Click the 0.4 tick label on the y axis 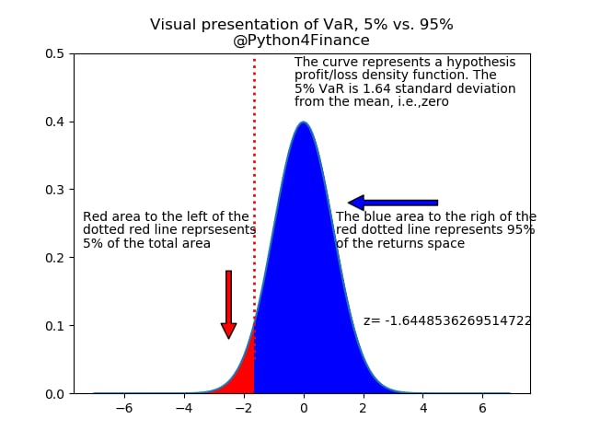(55, 122)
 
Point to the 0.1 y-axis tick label (55, 326)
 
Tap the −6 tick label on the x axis (124, 408)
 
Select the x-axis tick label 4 (423, 408)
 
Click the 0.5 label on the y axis (55, 53)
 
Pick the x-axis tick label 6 (482, 408)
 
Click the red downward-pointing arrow (228, 305)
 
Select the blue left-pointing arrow (393, 203)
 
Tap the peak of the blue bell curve (304, 122)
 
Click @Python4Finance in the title (301, 41)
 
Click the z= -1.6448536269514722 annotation (447, 320)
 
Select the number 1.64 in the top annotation (376, 88)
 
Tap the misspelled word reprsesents (219, 229)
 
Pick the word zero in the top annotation (435, 102)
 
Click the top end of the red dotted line (254, 59)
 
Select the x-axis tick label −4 (184, 408)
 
